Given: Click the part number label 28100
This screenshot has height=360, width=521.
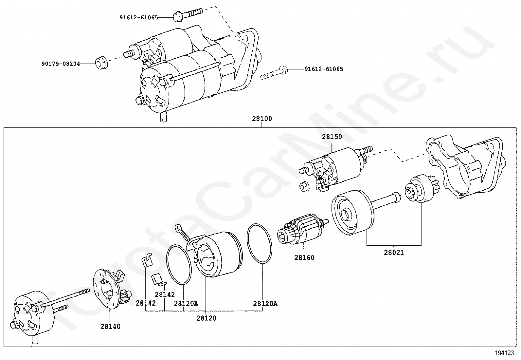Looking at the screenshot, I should (x=262, y=119).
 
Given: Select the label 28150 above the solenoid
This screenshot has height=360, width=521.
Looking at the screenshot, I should (x=332, y=137).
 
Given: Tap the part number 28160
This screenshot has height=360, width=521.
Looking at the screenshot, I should (x=304, y=258).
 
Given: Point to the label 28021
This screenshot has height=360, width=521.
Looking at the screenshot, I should (x=394, y=253).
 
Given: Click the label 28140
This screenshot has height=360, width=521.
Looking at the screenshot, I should (x=110, y=327).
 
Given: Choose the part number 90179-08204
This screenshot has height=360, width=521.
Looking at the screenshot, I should (x=61, y=64).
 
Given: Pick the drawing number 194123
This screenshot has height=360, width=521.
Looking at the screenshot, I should (x=504, y=353).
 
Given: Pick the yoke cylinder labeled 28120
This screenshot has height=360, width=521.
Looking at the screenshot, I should (x=218, y=254).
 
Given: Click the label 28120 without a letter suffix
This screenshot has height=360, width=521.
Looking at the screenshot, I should (x=207, y=318).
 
